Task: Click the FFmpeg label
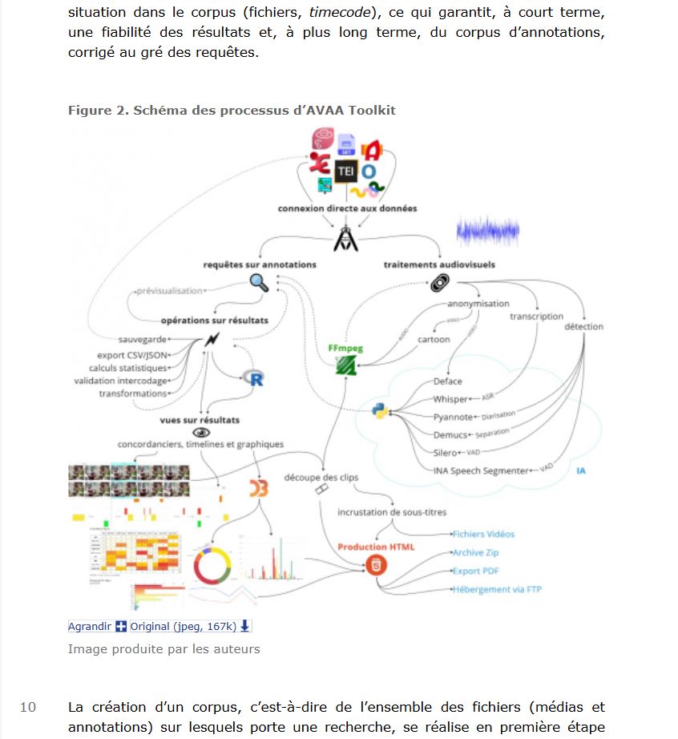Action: click(x=345, y=349)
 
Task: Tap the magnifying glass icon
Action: click(x=259, y=282)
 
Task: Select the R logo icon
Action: click(x=256, y=378)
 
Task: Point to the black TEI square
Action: click(x=345, y=171)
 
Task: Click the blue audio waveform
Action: click(x=487, y=232)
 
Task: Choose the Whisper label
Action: click(x=450, y=399)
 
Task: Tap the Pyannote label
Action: click(x=453, y=417)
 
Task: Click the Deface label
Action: click(x=447, y=382)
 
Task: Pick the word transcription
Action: click(x=536, y=317)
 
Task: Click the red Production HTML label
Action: click(x=376, y=547)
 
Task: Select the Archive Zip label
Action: click(x=475, y=553)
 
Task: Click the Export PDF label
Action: click(x=476, y=571)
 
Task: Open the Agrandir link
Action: click(x=90, y=626)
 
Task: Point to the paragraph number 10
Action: click(x=28, y=707)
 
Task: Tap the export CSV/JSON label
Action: click(x=132, y=355)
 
